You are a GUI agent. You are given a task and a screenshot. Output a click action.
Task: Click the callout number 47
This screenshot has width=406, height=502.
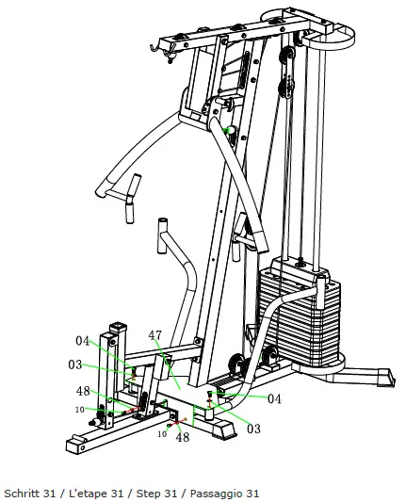(x=154, y=334)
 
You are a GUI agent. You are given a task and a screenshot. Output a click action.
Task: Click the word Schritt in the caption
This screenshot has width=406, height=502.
(x=22, y=494)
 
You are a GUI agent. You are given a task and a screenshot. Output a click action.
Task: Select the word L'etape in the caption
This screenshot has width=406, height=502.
(x=83, y=494)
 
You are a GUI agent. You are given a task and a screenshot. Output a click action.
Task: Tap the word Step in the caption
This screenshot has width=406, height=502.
(x=146, y=494)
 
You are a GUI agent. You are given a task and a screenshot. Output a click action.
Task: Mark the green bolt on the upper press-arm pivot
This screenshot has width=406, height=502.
(x=226, y=130)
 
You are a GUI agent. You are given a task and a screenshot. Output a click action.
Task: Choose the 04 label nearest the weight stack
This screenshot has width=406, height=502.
(x=274, y=398)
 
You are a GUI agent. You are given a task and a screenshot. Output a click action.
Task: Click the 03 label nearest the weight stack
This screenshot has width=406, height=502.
(x=253, y=429)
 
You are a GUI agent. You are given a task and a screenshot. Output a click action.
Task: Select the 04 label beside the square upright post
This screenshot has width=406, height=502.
(x=83, y=341)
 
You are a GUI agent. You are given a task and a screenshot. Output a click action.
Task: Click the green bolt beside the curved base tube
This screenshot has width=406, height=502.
(x=219, y=387)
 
